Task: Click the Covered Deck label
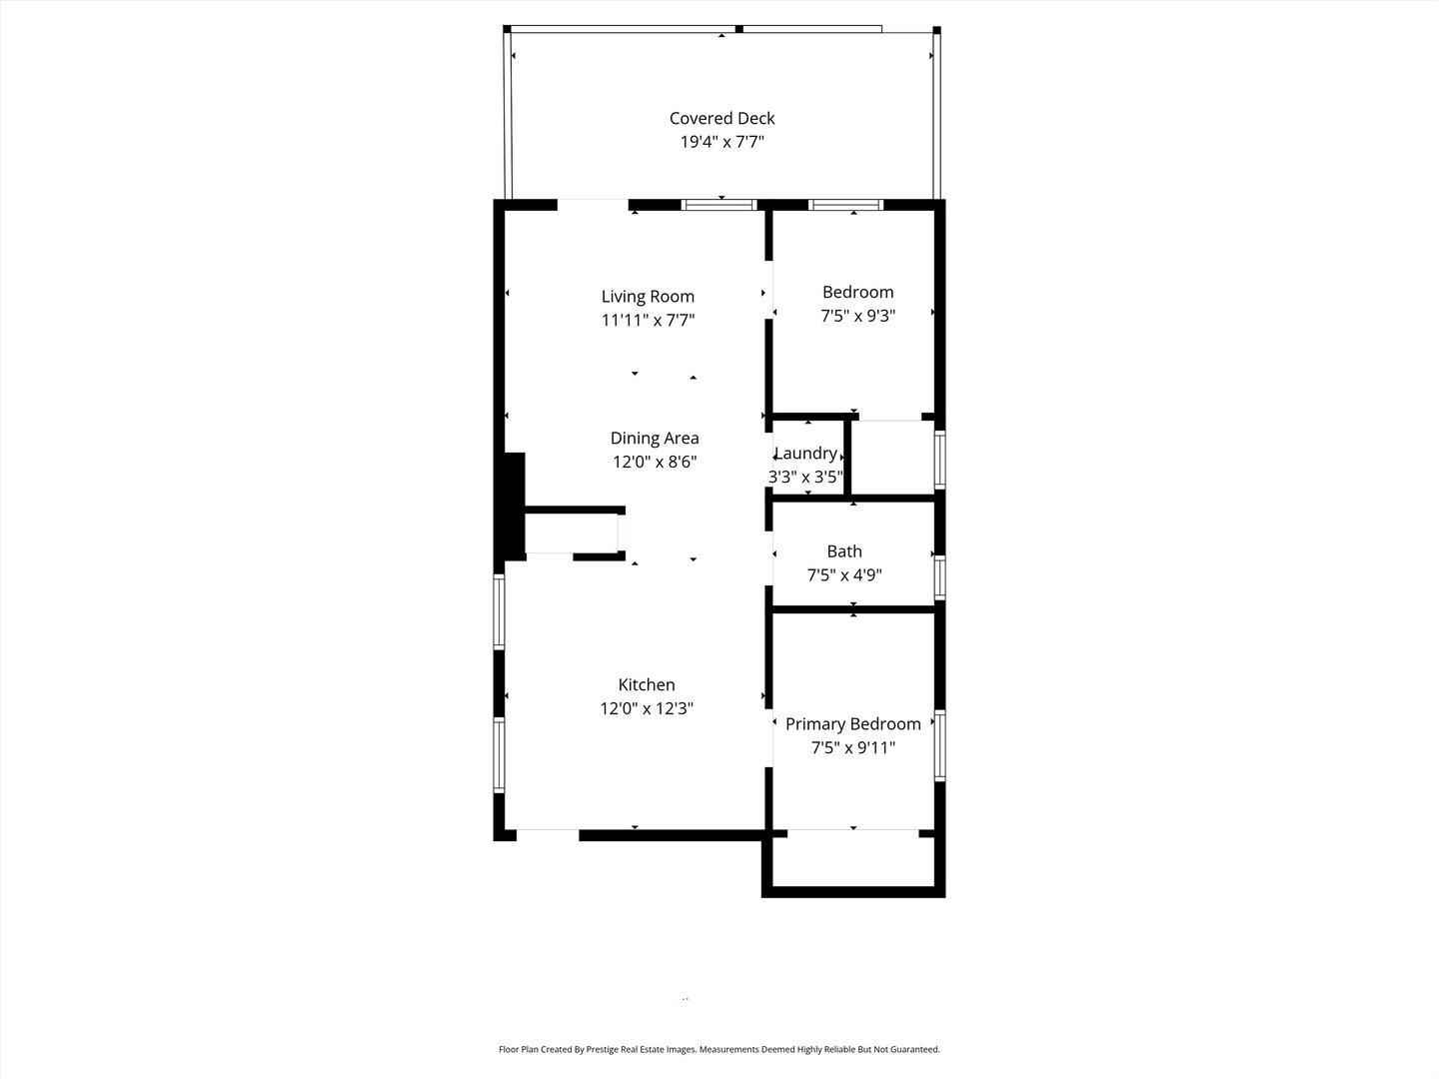point(721,118)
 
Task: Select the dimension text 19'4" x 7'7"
point(721,142)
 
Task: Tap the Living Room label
point(648,296)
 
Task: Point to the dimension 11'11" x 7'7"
point(648,320)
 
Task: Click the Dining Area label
point(655,438)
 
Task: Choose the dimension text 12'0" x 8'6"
point(655,462)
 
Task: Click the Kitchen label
point(647,684)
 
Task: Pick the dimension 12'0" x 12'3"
point(647,708)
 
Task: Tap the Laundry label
point(805,454)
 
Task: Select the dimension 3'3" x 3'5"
point(805,477)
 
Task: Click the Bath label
point(844,550)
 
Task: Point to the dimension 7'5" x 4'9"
point(844,574)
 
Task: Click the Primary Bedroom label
point(852,723)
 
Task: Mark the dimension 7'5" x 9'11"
point(852,747)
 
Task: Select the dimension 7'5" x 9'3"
point(857,316)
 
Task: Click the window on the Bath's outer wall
point(939,577)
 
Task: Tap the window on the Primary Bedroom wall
point(939,745)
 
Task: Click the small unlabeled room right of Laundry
point(891,457)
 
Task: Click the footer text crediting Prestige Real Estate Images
point(719,1049)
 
